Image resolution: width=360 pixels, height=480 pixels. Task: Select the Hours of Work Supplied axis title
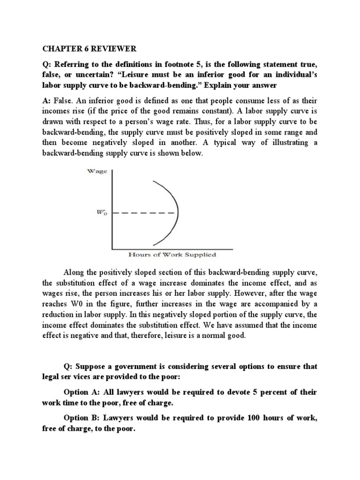pyautogui.click(x=172, y=255)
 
